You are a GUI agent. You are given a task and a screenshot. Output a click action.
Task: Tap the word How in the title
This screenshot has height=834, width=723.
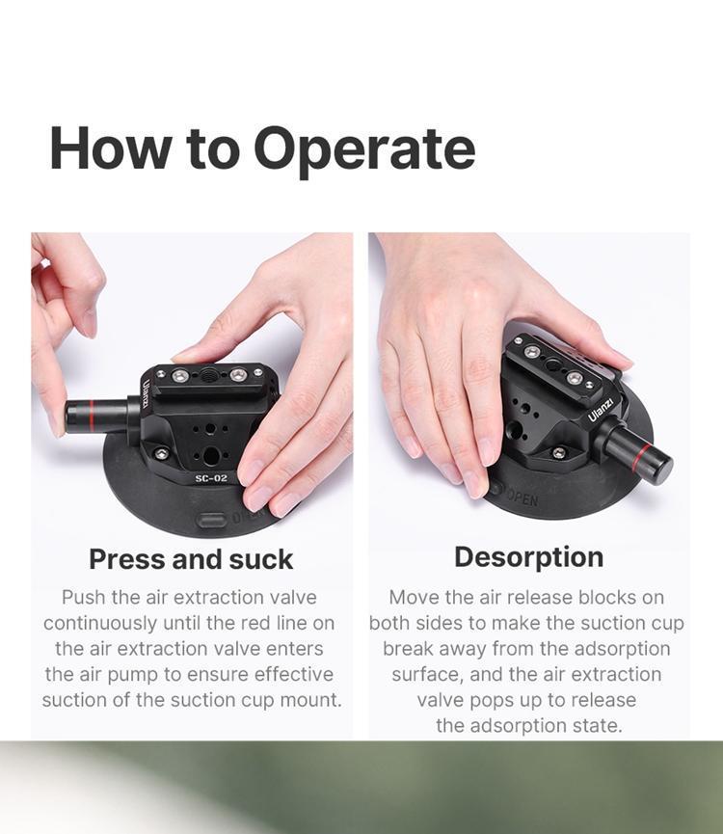(111, 148)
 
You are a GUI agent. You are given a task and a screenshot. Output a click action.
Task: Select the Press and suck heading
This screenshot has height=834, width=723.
(191, 559)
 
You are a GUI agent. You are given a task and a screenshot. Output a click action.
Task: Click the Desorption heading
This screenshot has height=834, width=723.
(529, 558)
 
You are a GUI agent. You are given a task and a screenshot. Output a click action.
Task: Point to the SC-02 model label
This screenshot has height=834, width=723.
(211, 478)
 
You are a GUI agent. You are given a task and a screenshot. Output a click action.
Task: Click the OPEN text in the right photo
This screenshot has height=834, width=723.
(521, 498)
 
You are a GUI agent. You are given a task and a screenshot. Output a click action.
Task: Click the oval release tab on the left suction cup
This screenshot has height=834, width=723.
(211, 519)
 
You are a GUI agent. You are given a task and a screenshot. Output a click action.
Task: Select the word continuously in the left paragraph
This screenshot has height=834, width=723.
(100, 624)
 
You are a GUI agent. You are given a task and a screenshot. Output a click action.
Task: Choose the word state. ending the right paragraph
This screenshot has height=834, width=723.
(596, 725)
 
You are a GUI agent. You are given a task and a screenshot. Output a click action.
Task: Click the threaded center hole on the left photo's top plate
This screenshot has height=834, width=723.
(208, 375)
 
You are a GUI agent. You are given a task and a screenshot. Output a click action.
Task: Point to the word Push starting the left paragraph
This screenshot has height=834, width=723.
(84, 598)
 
